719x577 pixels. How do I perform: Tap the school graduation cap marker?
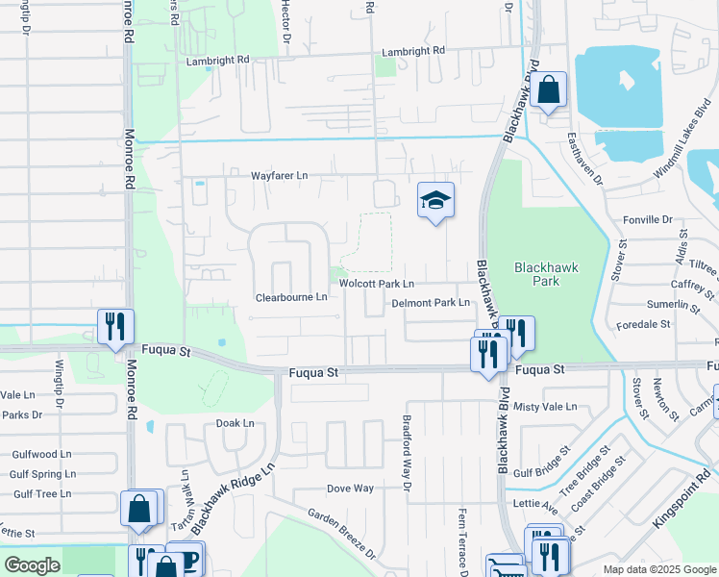click(435, 201)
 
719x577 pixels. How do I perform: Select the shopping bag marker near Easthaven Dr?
click(547, 91)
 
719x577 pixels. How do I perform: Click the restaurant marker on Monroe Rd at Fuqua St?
click(114, 326)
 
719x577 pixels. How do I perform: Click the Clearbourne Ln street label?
click(291, 297)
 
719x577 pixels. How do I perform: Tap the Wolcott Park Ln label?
click(377, 284)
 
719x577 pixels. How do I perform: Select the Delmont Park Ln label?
click(431, 303)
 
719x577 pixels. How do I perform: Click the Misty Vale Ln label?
click(545, 407)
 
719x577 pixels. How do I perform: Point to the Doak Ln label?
click(235, 423)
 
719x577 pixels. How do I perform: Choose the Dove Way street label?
click(350, 489)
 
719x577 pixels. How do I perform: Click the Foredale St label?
click(643, 324)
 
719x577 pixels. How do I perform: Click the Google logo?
click(32, 565)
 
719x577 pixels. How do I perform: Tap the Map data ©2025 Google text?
click(659, 569)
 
